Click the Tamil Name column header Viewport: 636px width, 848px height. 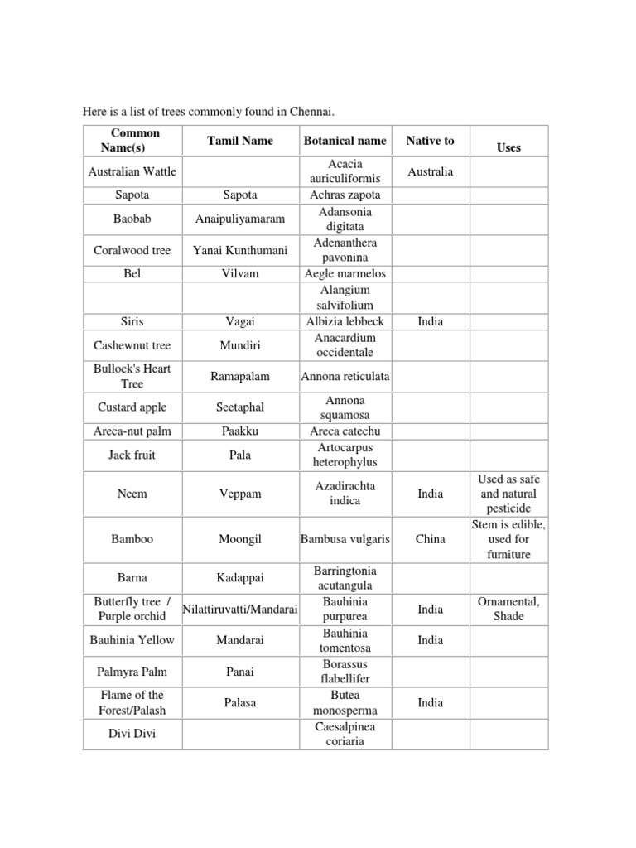[239, 141]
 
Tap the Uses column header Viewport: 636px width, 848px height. [508, 147]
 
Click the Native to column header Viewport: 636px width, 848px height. [430, 141]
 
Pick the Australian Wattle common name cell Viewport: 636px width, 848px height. [132, 171]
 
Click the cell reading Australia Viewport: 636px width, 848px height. [430, 171]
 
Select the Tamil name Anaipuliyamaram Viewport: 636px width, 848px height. [239, 219]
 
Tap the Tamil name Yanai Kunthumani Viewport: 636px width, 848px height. [239, 250]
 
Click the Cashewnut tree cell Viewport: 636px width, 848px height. [132, 345]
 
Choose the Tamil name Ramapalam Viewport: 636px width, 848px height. [239, 376]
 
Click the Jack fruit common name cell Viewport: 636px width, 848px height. [132, 455]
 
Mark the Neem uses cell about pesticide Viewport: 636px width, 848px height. [508, 494]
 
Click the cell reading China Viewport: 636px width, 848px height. [430, 539]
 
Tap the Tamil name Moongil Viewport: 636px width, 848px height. [239, 539]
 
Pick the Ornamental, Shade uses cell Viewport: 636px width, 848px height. [508, 609]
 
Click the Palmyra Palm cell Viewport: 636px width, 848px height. [132, 672]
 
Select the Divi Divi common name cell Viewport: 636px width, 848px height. [132, 734]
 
